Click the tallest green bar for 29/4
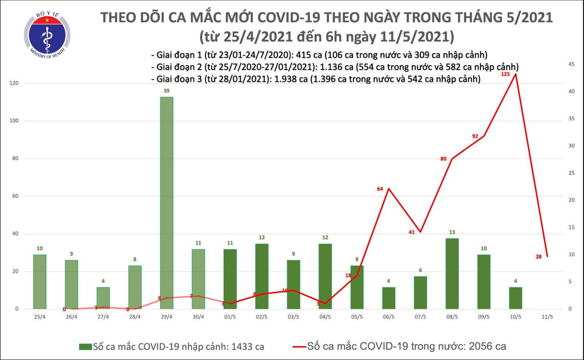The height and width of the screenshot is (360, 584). pyautogui.click(x=166, y=202)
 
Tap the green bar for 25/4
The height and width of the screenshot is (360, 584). pyautogui.click(x=39, y=282)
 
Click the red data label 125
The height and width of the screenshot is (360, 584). pyautogui.click(x=506, y=74)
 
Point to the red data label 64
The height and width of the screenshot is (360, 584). pyautogui.click(x=381, y=189)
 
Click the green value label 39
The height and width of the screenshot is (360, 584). pyautogui.click(x=166, y=91)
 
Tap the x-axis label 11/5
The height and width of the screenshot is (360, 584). pyautogui.click(x=547, y=317)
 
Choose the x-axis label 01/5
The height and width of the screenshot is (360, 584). pyautogui.click(x=230, y=317)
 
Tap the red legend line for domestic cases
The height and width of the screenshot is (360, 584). pyautogui.click(x=299, y=347)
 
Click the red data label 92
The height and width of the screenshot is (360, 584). pyautogui.click(x=475, y=136)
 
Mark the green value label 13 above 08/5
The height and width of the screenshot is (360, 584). pyautogui.click(x=452, y=232)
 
